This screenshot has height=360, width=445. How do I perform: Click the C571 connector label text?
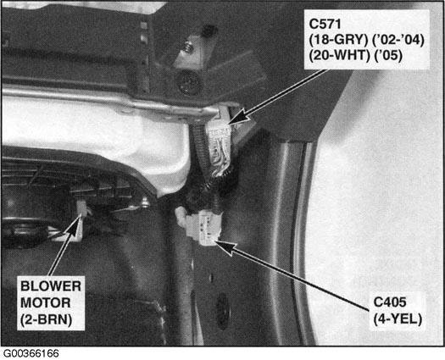click(325, 24)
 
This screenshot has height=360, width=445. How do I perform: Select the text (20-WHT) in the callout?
click(339, 56)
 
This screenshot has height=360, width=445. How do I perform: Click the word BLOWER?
click(51, 286)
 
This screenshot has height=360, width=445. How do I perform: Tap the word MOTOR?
click(46, 302)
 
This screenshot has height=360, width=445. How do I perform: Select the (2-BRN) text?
click(47, 319)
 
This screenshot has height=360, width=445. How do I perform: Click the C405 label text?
click(390, 302)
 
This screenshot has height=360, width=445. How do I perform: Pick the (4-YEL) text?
click(398, 319)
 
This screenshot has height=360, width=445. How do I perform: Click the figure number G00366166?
click(31, 354)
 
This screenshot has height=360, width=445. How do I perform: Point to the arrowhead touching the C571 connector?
click(237, 116)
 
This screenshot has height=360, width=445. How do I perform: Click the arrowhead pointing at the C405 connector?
click(225, 246)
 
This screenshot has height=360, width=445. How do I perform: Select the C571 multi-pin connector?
click(220, 141)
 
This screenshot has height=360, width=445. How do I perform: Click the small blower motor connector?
click(82, 208)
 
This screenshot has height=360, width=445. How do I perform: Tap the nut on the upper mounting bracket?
click(187, 47)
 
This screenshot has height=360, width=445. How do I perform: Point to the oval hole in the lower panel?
click(223, 312)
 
